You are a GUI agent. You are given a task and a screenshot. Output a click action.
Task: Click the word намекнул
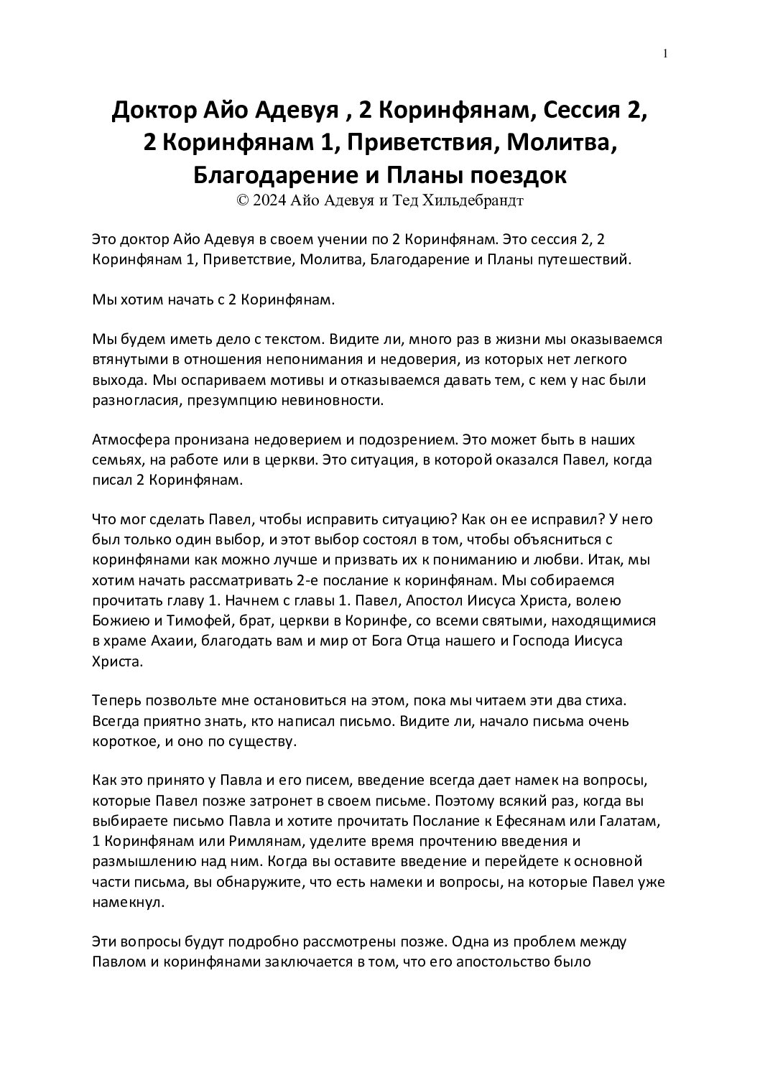[123, 900]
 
